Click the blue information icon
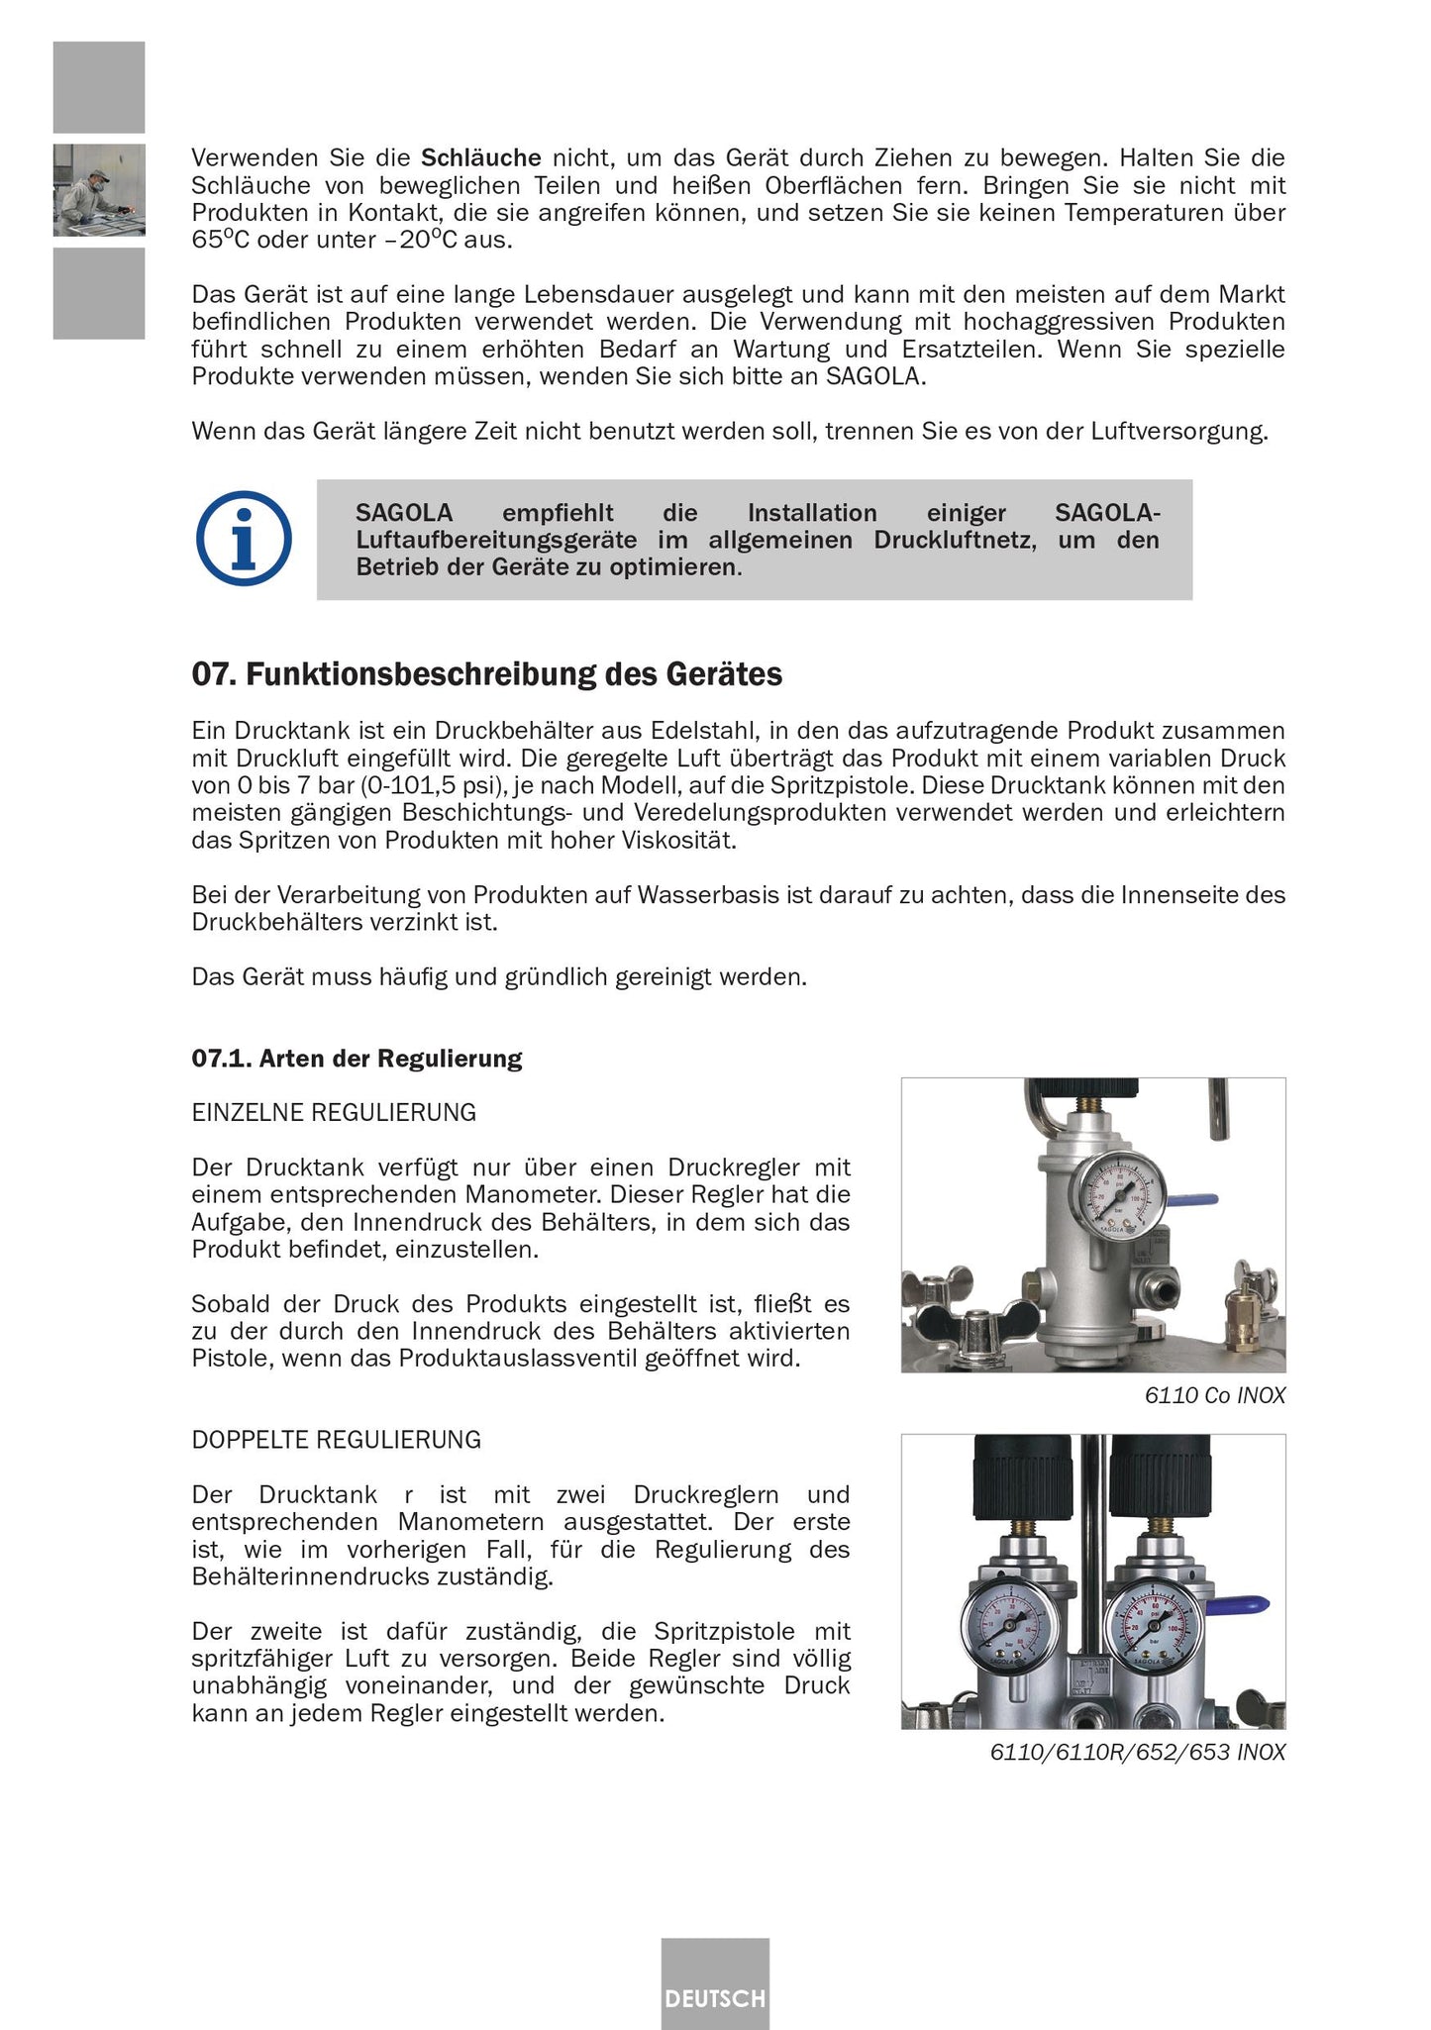pyautogui.click(x=244, y=539)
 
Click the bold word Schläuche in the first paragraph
pyautogui.click(x=481, y=158)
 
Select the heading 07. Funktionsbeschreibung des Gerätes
pyautogui.click(x=486, y=675)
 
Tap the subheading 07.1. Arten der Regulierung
pyautogui.click(x=357, y=1059)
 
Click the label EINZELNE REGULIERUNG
pyautogui.click(x=334, y=1113)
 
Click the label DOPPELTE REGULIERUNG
pyautogui.click(x=337, y=1440)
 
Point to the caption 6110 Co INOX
pyautogui.click(x=1214, y=1396)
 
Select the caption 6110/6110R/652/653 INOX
pyautogui.click(x=1137, y=1753)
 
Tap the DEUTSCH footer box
pyautogui.click(x=715, y=1998)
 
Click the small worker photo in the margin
pyautogui.click(x=99, y=190)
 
